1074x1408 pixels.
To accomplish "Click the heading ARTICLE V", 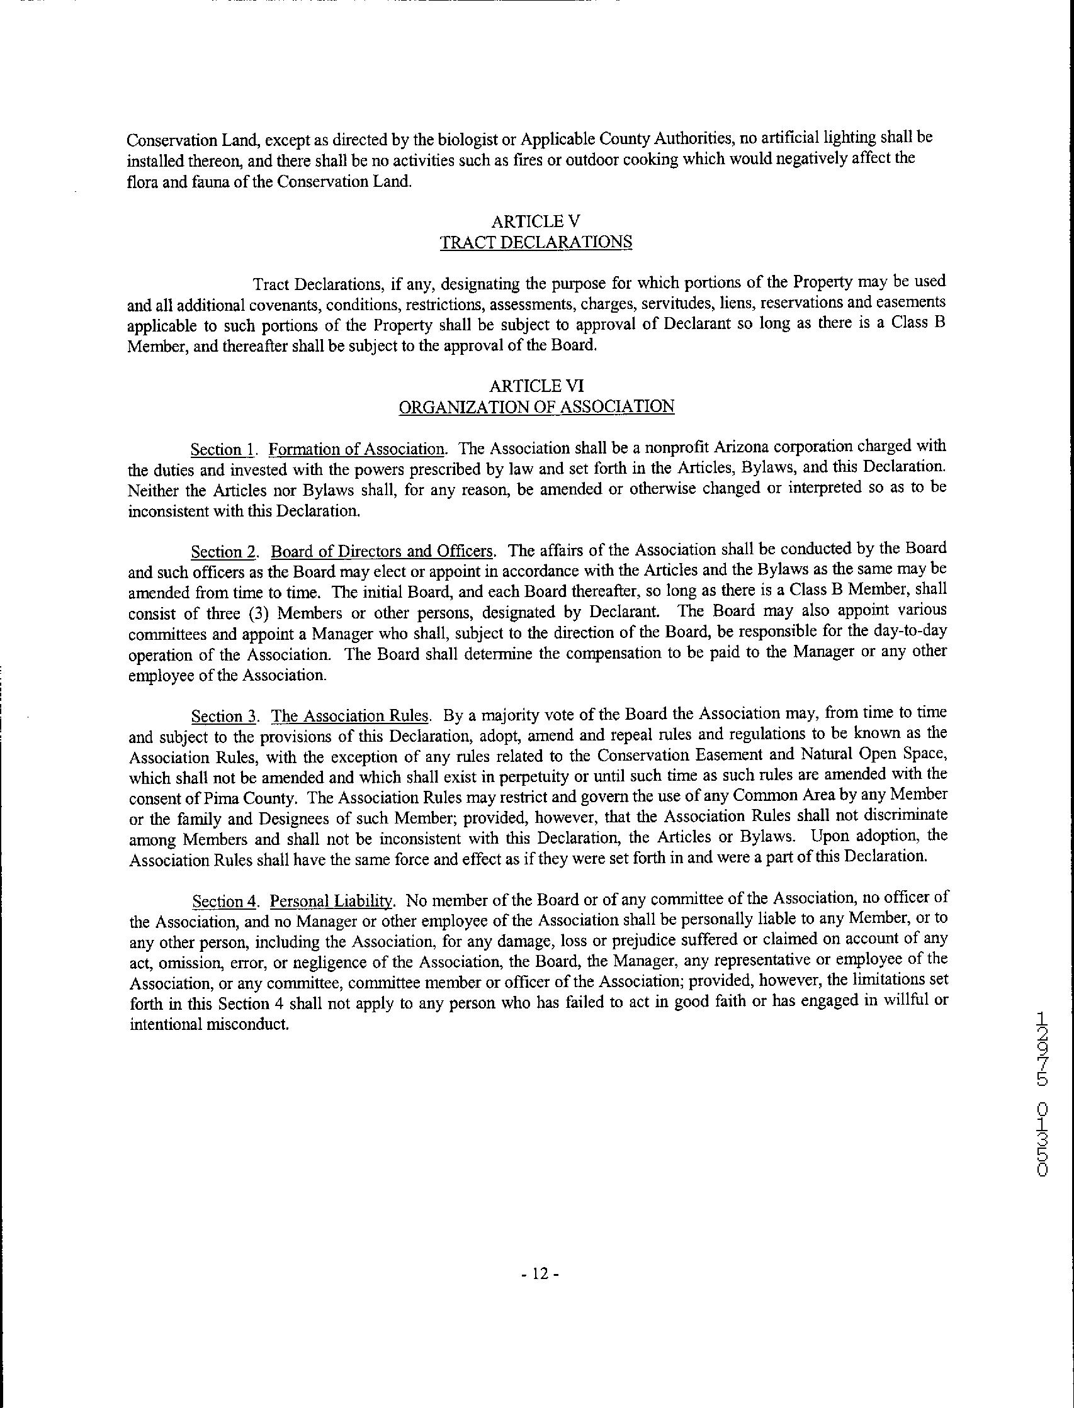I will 536,221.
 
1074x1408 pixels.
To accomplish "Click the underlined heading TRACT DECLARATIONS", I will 536,243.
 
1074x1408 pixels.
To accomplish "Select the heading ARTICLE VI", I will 536,386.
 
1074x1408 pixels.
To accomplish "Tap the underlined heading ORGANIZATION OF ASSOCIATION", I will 536,407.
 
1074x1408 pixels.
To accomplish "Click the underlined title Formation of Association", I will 356,449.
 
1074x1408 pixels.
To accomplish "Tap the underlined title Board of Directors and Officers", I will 382,550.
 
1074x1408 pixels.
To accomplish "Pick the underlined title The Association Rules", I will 350,715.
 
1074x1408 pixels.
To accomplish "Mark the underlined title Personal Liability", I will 331,901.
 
